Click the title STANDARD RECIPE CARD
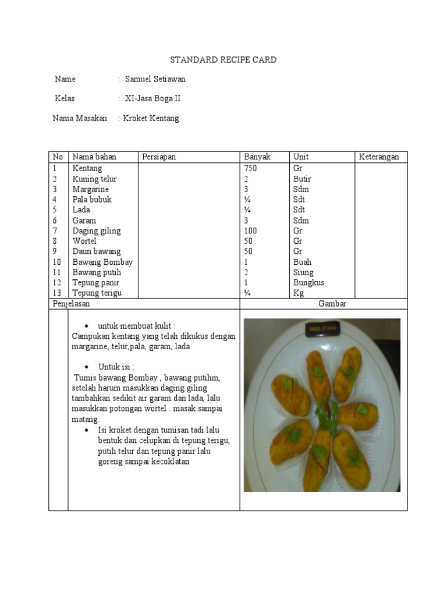pyautogui.click(x=223, y=60)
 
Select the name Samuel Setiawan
pyautogui.click(x=155, y=79)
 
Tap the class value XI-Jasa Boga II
pyautogui.click(x=152, y=98)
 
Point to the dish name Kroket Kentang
pyautogui.click(x=151, y=118)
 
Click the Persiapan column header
pyautogui.click(x=158, y=157)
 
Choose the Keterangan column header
pyautogui.click(x=379, y=157)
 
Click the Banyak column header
pyautogui.click(x=257, y=157)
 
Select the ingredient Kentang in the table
pyautogui.click(x=87, y=168)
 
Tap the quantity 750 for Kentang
pyautogui.click(x=250, y=168)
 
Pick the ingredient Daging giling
pyautogui.click(x=97, y=230)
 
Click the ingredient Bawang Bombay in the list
pyautogui.click(x=102, y=262)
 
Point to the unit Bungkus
pyautogui.click(x=308, y=283)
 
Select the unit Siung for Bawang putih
pyautogui.click(x=303, y=272)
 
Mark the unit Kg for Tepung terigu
pyautogui.click(x=299, y=293)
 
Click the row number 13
pyautogui.click(x=56, y=293)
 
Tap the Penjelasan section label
pyautogui.click(x=71, y=303)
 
